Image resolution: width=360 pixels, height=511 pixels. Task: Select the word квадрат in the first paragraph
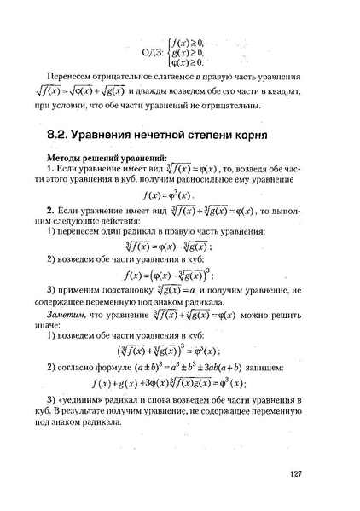pyautogui.click(x=287, y=91)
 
